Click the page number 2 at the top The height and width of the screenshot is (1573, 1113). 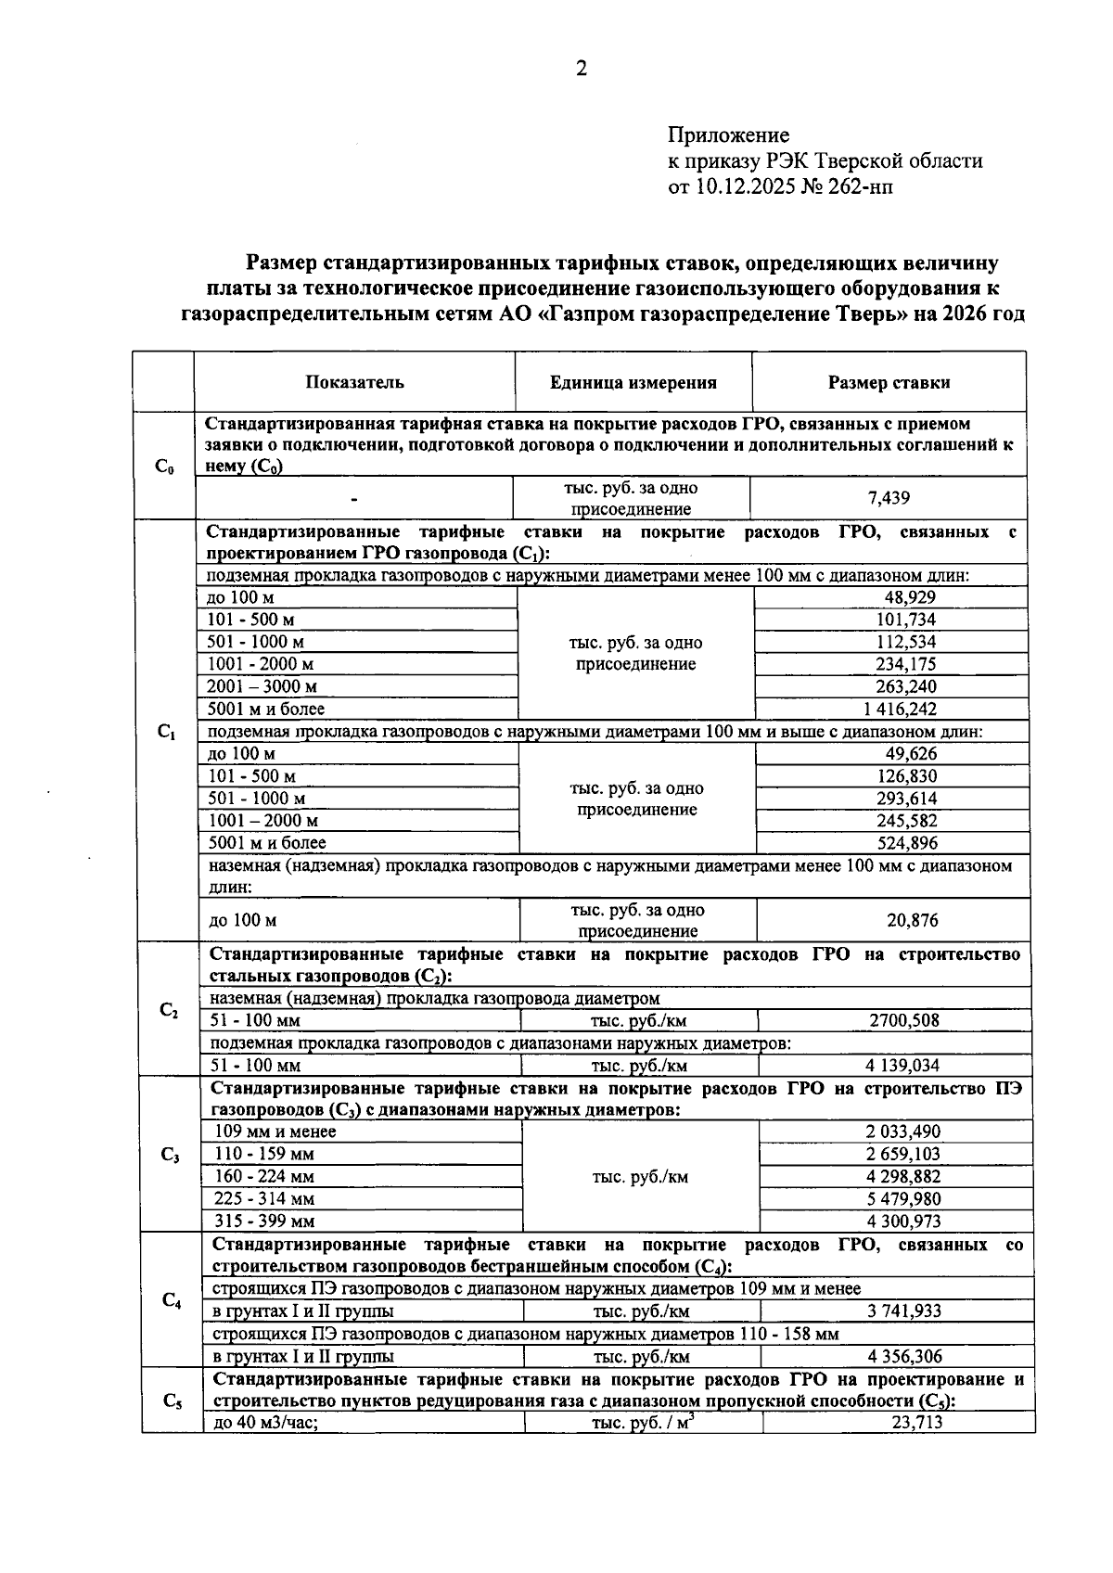(582, 70)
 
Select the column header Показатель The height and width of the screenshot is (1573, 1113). (354, 382)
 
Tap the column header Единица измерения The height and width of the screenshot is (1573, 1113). (633, 382)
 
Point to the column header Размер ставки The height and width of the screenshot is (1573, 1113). (889, 382)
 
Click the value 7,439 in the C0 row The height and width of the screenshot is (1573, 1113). (889, 498)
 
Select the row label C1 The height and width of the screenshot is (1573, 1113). (166, 732)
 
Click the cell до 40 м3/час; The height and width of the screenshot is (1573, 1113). (266, 1422)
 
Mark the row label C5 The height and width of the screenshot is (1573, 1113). (172, 1401)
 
